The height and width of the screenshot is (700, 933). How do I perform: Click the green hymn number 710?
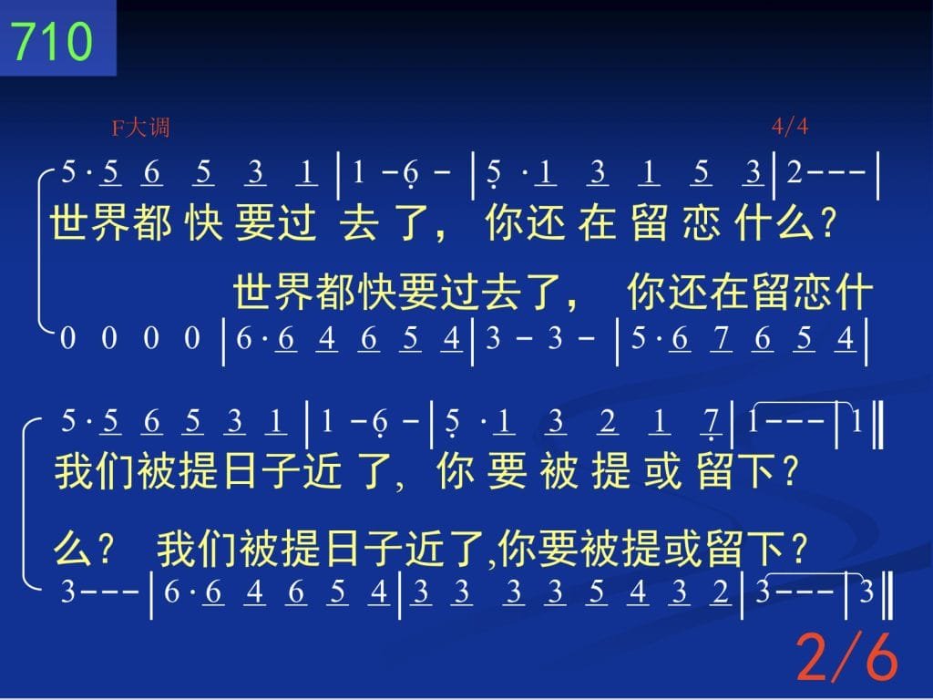click(52, 40)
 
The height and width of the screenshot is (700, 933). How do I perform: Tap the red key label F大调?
click(141, 128)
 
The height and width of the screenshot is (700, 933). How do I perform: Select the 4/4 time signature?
click(790, 126)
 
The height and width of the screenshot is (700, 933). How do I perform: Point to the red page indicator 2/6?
click(846, 656)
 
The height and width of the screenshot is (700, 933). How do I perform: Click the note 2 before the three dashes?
click(795, 172)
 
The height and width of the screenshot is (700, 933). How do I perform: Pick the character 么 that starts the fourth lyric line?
click(72, 548)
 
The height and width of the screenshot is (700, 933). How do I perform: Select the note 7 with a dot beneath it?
click(711, 424)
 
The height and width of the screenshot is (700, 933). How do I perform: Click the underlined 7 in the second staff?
click(722, 339)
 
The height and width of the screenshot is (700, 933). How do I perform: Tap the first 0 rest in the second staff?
click(67, 338)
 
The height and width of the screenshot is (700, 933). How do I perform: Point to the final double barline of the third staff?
click(877, 425)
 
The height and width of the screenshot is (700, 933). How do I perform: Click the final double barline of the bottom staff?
click(887, 595)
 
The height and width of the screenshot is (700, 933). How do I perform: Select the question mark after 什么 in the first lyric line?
click(827, 223)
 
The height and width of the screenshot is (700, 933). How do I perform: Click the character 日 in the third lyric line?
click(240, 471)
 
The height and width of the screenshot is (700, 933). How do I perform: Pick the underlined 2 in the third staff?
click(608, 423)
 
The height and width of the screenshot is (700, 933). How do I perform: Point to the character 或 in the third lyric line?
click(662, 471)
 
